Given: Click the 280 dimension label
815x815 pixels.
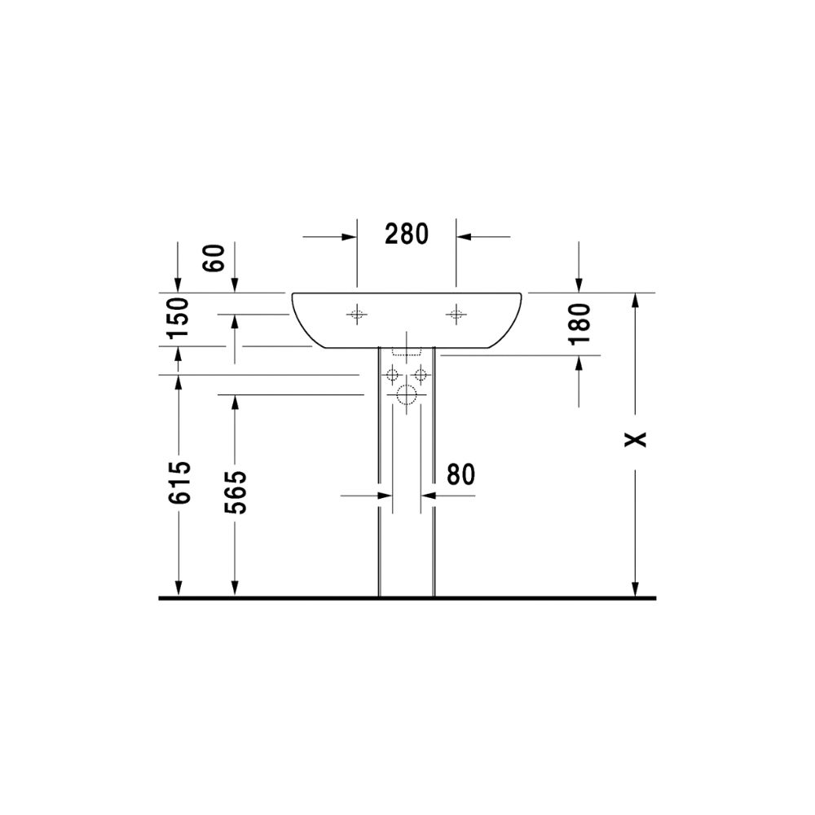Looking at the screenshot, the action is [x=407, y=234].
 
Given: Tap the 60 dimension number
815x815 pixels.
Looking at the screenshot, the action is [x=214, y=258].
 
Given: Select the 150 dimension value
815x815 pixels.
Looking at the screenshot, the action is [x=178, y=316].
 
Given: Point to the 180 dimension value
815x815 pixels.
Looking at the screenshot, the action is [x=579, y=324].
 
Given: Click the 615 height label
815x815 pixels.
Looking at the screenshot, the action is [x=179, y=482].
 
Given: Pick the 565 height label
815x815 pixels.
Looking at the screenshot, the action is [x=236, y=492].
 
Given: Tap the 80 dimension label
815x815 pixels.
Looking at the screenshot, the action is [x=460, y=474].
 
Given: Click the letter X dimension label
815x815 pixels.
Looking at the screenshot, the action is [x=635, y=439].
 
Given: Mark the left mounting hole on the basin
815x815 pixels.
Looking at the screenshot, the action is [x=357, y=315].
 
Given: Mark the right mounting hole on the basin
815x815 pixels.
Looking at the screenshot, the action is [x=456, y=315].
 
